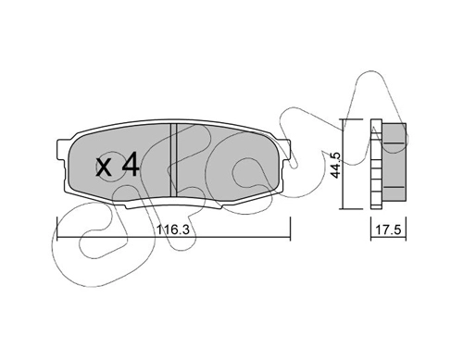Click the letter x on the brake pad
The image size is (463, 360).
point(103,168)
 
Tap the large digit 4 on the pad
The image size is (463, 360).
point(131,165)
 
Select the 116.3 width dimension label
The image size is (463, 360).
point(173,230)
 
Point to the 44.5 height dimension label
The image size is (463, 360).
point(335,165)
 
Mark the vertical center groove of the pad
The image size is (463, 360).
point(173,160)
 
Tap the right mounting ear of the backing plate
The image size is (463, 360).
point(285,151)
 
